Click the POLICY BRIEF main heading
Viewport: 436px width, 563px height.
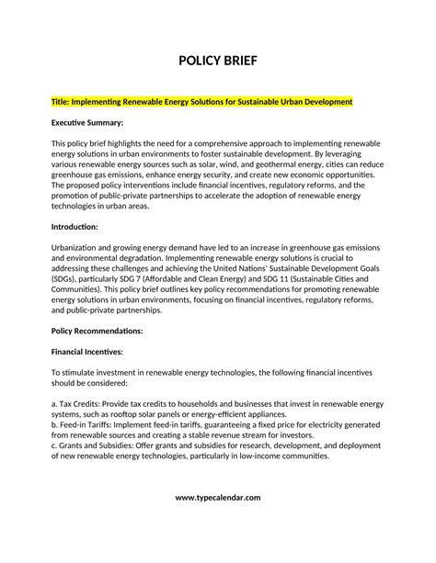[x=218, y=62]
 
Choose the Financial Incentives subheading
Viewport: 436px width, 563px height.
[x=87, y=351]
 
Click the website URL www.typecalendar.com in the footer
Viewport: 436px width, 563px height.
[x=218, y=523]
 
